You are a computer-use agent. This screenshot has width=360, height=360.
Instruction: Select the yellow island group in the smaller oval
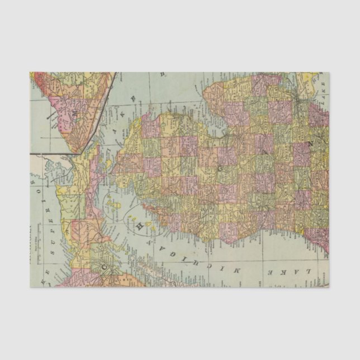click(136, 215)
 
